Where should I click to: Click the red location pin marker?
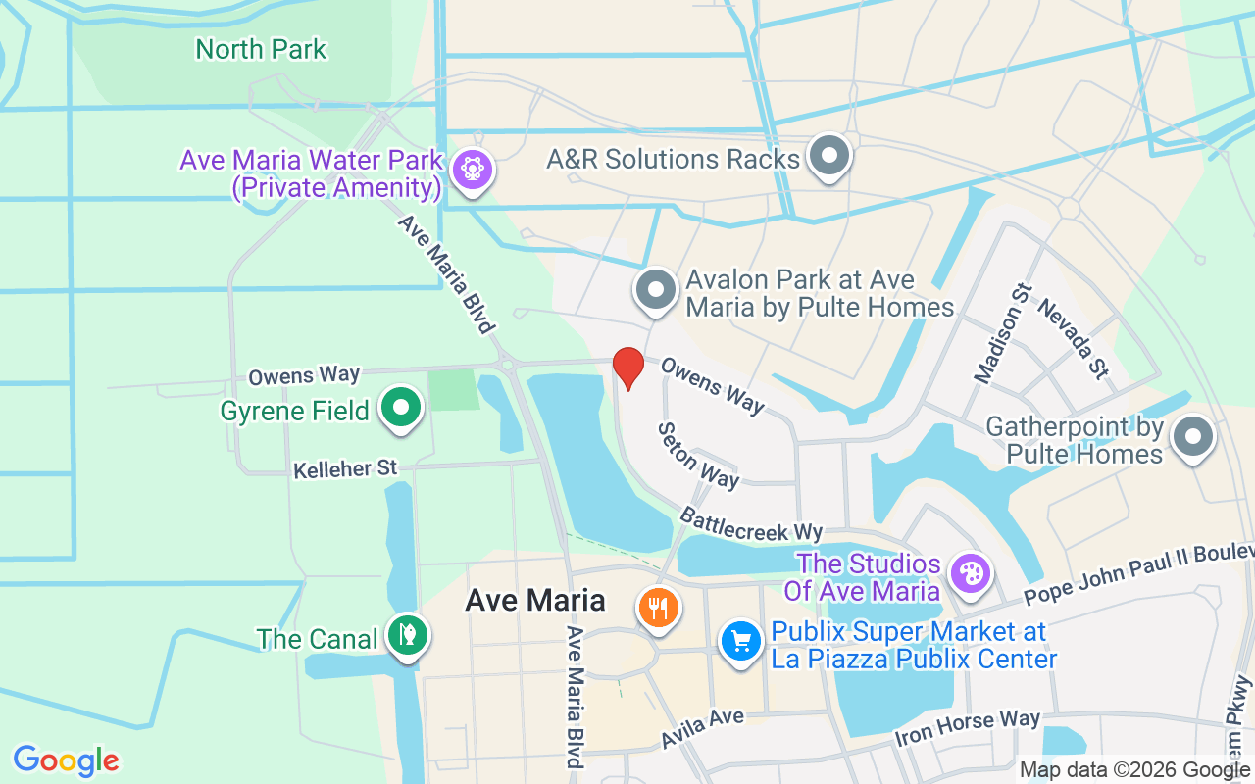pos(627,367)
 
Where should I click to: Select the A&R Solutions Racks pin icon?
pos(829,155)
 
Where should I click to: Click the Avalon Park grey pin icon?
pos(656,290)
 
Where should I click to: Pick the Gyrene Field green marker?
pos(400,408)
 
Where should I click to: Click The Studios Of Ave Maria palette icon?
pos(971,574)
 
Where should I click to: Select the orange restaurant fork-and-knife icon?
pos(659,608)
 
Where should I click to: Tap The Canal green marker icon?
pos(404,635)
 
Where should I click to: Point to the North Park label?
pos(261,49)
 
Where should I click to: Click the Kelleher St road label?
pos(345,469)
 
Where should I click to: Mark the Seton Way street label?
pos(698,455)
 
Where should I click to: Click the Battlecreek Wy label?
pos(751,524)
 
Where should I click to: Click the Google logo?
pos(66,759)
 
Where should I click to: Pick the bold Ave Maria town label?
pos(535,600)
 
